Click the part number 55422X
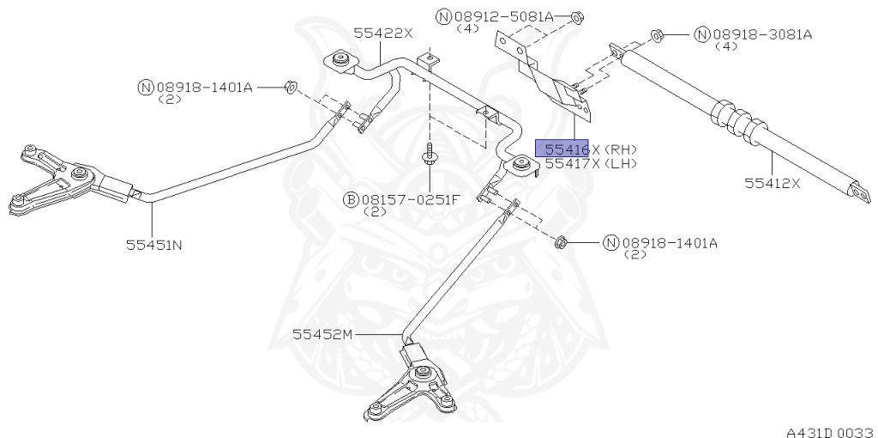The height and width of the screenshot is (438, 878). [x=383, y=33]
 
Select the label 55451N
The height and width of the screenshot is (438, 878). [x=153, y=244]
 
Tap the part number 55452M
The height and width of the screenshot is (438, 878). [x=322, y=333]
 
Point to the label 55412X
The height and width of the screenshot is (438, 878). [x=772, y=183]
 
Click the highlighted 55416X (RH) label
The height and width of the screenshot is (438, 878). [x=586, y=149]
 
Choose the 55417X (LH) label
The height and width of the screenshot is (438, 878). [x=591, y=163]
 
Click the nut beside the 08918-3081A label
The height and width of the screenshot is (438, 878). [x=657, y=35]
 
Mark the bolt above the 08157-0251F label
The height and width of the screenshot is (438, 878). [x=428, y=160]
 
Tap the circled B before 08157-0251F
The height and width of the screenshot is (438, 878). [x=351, y=200]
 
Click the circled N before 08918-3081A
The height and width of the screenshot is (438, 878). [x=701, y=34]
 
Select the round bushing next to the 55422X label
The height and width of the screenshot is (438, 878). [x=340, y=62]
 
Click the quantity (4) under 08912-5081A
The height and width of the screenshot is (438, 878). [x=468, y=28]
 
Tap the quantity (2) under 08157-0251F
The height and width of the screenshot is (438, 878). [x=376, y=212]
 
